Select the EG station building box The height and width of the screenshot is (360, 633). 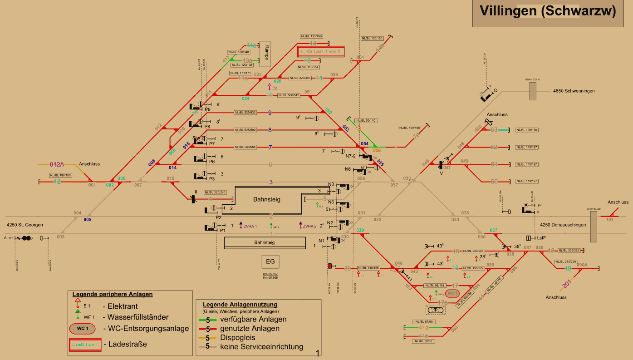(x=270, y=262)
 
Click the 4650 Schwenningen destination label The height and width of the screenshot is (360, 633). (x=574, y=91)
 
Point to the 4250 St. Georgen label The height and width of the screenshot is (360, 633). (x=25, y=225)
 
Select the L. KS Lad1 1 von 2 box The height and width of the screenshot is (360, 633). (x=321, y=52)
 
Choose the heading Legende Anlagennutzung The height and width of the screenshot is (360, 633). (x=240, y=304)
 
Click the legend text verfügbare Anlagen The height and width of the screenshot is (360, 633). (x=253, y=319)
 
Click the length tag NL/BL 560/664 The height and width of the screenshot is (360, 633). (x=245, y=147)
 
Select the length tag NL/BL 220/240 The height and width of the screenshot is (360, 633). (x=215, y=192)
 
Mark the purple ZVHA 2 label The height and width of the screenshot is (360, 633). (x=310, y=226)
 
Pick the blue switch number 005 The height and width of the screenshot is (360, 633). (x=88, y=220)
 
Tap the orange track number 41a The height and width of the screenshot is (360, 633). (x=424, y=327)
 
